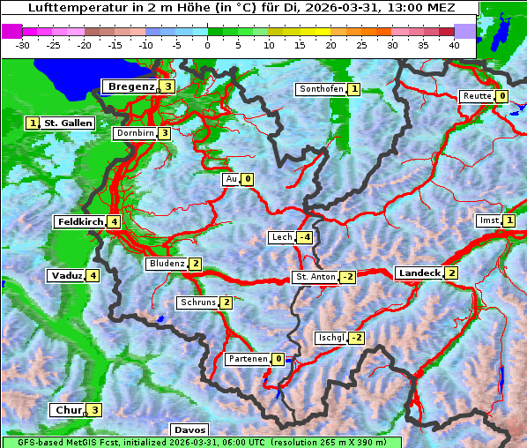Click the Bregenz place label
click(x=130, y=86)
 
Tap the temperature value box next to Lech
click(x=304, y=237)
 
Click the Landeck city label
click(x=419, y=273)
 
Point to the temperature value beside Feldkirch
click(x=114, y=222)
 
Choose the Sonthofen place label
click(x=321, y=89)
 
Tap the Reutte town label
click(x=477, y=96)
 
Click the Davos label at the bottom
click(x=189, y=429)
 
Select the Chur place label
click(x=67, y=410)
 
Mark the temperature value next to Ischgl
click(x=356, y=338)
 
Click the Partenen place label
click(x=247, y=359)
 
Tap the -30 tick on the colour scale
click(x=23, y=44)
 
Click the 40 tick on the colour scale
click(x=453, y=44)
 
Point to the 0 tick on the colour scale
click(x=207, y=44)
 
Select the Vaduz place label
click(x=67, y=276)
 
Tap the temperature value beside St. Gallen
click(x=33, y=123)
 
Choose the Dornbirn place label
click(x=135, y=133)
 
